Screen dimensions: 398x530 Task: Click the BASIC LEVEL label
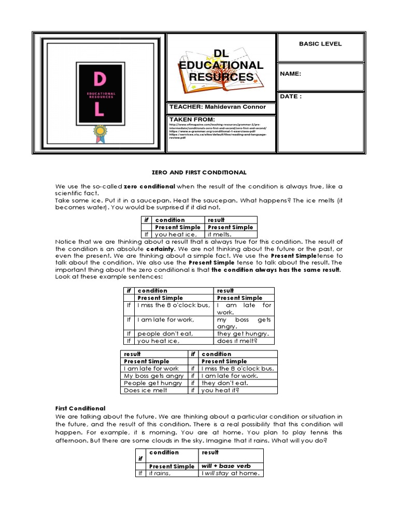(320, 44)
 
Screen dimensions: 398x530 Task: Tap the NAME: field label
(290, 74)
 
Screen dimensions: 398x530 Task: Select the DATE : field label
(291, 96)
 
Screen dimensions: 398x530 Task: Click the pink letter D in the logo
(98, 79)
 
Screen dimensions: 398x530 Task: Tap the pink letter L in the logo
(99, 109)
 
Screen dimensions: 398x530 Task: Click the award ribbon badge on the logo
(99, 132)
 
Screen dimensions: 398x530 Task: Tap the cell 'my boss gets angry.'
(244, 323)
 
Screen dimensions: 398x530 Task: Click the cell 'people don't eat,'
(165, 334)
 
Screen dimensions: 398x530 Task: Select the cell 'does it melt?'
(237, 341)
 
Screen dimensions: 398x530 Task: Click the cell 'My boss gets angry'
(153, 376)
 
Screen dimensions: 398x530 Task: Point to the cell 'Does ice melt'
(146, 390)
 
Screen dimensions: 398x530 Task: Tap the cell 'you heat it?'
(220, 390)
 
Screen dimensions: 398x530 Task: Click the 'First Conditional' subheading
(80, 408)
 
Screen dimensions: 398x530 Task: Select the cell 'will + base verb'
(225, 466)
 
